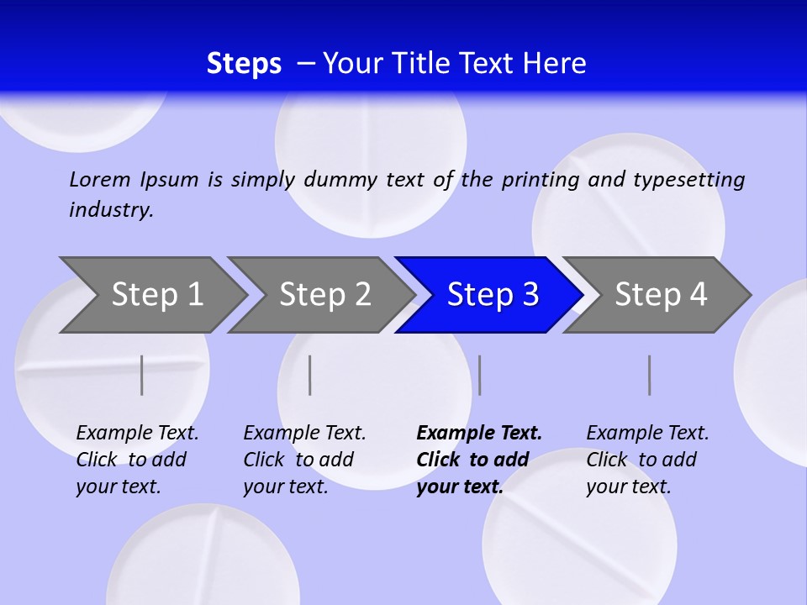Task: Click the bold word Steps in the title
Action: (x=244, y=64)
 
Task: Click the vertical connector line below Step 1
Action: (x=142, y=375)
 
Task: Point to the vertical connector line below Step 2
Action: (x=310, y=375)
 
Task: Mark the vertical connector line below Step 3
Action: (x=479, y=375)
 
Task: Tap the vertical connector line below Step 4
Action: (x=650, y=375)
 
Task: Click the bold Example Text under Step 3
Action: (x=479, y=434)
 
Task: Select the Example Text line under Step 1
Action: (x=137, y=434)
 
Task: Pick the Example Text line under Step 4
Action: (x=647, y=434)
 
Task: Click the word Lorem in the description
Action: (x=100, y=179)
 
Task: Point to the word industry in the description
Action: (x=111, y=209)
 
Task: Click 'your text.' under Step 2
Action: (x=285, y=487)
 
